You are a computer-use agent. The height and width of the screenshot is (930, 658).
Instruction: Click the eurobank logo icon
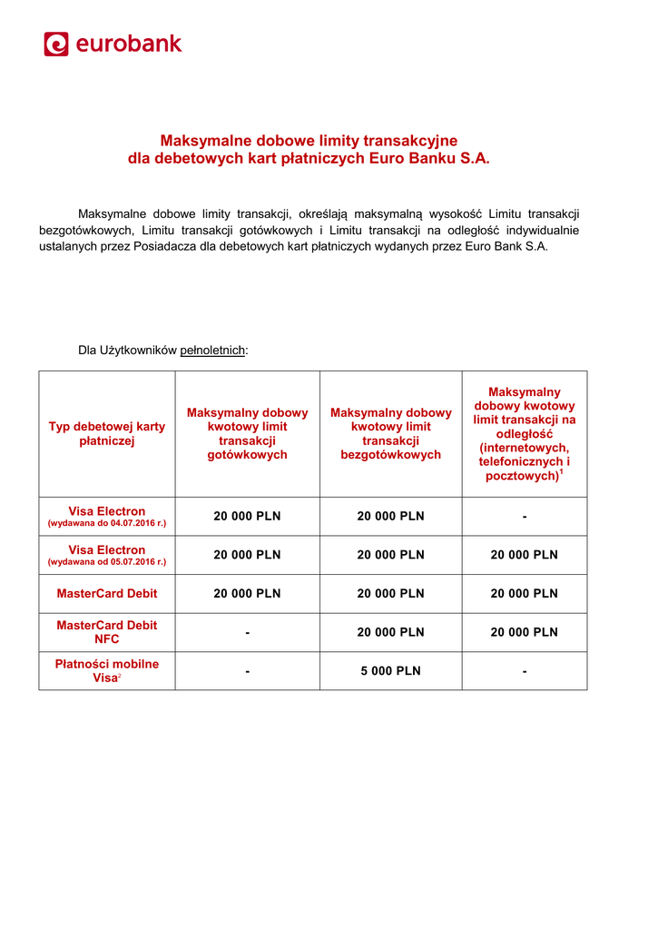56,44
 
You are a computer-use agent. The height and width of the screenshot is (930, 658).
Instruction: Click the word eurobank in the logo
128,44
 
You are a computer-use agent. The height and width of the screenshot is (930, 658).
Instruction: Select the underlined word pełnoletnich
212,350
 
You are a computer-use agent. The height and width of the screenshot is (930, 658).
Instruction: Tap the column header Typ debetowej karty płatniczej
106,433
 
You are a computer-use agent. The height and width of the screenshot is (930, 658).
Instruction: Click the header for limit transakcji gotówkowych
247,433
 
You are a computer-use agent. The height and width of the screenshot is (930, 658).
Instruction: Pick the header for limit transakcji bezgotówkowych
390,433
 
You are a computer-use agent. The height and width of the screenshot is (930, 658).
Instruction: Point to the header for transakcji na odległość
524,433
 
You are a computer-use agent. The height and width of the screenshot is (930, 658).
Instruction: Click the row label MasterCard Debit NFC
106,632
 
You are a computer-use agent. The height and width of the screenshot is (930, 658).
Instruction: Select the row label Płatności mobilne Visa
106,671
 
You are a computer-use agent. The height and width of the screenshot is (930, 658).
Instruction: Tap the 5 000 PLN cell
390,671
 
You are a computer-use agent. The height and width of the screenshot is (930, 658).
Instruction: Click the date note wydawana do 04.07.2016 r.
106,524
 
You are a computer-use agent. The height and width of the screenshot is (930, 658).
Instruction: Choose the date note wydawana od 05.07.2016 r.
106,562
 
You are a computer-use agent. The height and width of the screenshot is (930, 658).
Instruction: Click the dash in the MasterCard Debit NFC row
247,632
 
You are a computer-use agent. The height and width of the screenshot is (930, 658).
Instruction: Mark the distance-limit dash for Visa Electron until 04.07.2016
524,517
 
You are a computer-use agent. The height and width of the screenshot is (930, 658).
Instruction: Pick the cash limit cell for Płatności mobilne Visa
247,671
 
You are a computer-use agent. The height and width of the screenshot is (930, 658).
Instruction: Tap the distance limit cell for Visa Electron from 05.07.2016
524,555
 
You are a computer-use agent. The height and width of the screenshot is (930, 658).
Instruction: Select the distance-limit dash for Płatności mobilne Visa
524,671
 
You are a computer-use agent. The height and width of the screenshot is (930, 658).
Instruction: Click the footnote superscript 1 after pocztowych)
562,472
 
